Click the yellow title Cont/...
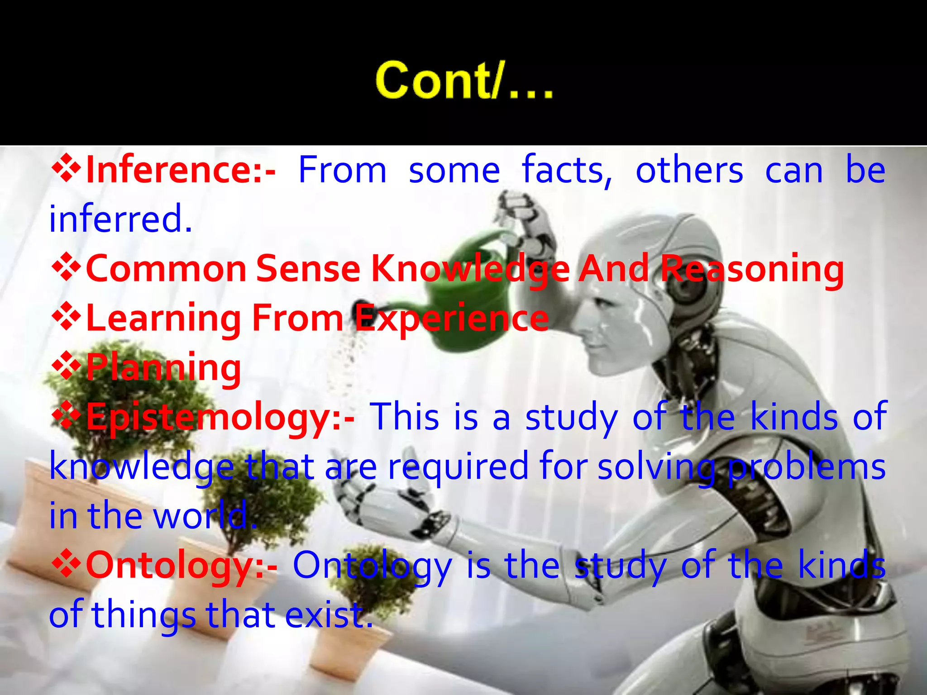pos(464,81)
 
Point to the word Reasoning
pos(751,269)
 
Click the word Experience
pos(451,319)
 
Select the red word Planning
pos(163,368)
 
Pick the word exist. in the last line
pos(329,615)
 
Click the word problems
pos(806,467)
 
